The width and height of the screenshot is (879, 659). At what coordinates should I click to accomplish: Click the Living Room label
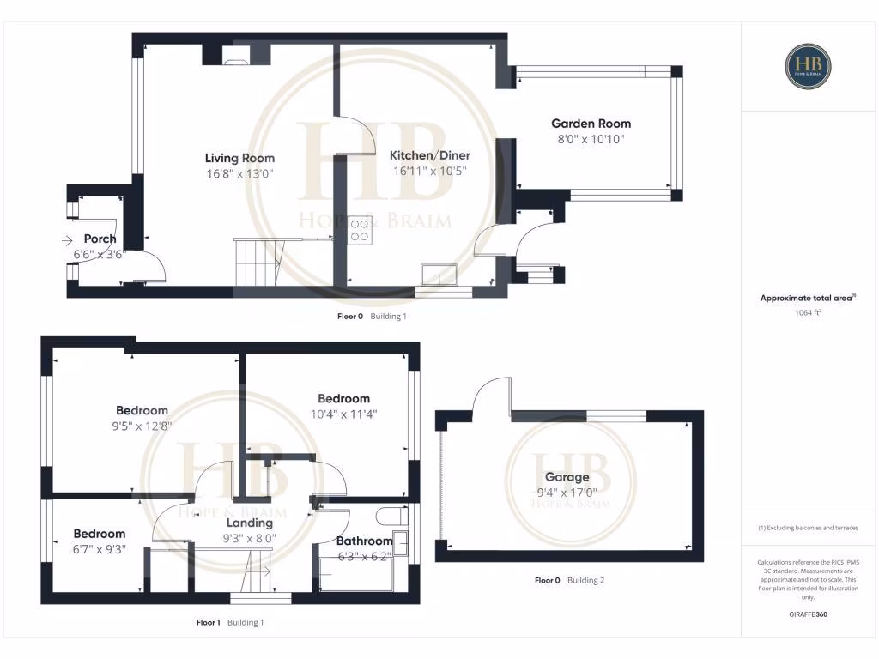pyautogui.click(x=239, y=158)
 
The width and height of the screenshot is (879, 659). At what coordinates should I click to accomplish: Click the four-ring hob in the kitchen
pyautogui.click(x=360, y=230)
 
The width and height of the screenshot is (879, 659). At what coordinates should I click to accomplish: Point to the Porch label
pyautogui.click(x=100, y=239)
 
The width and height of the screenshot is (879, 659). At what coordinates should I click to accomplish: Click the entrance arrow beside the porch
pyautogui.click(x=68, y=241)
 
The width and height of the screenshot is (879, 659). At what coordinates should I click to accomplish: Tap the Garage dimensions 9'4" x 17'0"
pyautogui.click(x=567, y=493)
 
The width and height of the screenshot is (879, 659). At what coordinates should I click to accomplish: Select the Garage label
pyautogui.click(x=567, y=477)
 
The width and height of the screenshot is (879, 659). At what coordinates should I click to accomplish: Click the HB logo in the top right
pyautogui.click(x=808, y=66)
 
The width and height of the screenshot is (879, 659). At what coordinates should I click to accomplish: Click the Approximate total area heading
pyautogui.click(x=808, y=298)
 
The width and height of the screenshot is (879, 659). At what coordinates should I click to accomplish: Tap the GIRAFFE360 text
pyautogui.click(x=808, y=614)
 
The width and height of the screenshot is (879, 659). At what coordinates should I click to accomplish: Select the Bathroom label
pyautogui.click(x=364, y=541)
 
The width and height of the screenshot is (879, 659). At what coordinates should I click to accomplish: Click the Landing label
pyautogui.click(x=250, y=523)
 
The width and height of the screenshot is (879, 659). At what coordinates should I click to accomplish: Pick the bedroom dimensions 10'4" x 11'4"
pyautogui.click(x=343, y=414)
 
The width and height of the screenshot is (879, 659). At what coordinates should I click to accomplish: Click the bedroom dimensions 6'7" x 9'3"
pyautogui.click(x=99, y=549)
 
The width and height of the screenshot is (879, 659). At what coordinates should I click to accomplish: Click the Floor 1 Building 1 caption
pyautogui.click(x=229, y=622)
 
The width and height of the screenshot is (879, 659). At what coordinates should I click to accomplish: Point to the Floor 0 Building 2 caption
pyautogui.click(x=569, y=580)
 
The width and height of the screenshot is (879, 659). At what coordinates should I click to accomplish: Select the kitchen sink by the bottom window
pyautogui.click(x=439, y=275)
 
